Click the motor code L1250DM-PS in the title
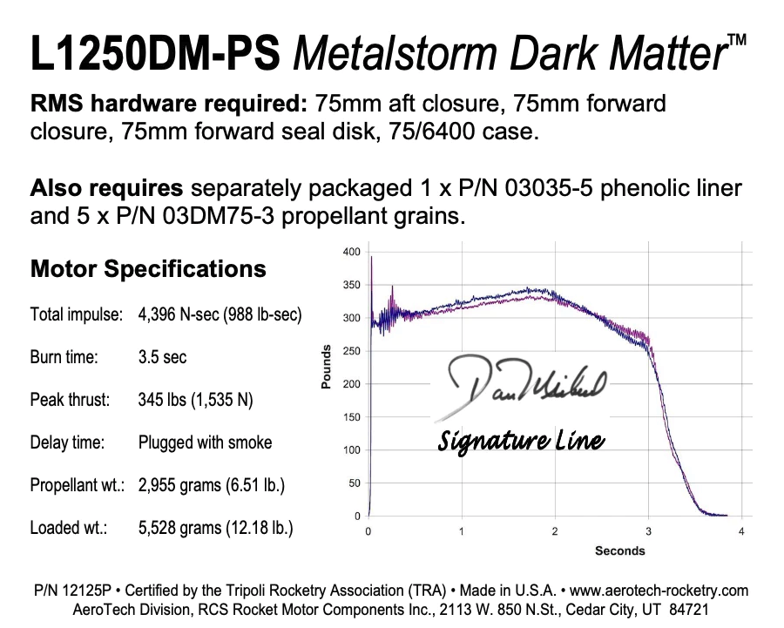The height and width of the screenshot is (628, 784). point(156,55)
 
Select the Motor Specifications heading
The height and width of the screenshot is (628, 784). point(148,268)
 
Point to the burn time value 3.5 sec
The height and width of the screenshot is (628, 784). point(162,357)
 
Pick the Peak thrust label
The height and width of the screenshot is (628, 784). point(70,400)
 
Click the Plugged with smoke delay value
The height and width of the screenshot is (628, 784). point(205,442)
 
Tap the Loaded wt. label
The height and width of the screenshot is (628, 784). point(68,528)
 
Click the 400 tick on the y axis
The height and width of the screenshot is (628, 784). point(351,252)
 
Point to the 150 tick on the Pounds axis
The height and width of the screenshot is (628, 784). point(351,417)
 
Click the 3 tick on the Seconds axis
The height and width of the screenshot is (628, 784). point(647,531)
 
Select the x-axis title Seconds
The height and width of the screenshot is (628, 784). point(619,550)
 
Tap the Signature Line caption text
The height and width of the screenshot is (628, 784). point(521,441)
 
